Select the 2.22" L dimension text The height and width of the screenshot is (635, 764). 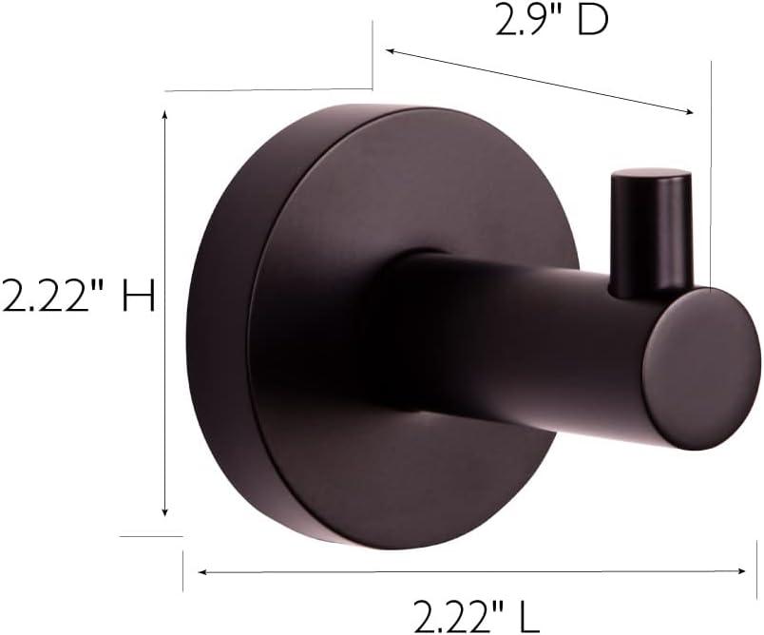(x=476, y=615)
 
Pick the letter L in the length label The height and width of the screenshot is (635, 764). (x=528, y=615)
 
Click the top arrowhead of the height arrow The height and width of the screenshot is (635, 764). (x=166, y=115)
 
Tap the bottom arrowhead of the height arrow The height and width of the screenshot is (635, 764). (x=166, y=512)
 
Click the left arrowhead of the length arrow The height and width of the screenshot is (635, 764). (x=202, y=572)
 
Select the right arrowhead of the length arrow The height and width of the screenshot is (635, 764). (x=741, y=571)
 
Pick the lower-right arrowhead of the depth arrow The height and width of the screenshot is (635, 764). (x=689, y=112)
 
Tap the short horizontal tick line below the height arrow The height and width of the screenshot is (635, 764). (x=150, y=536)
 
